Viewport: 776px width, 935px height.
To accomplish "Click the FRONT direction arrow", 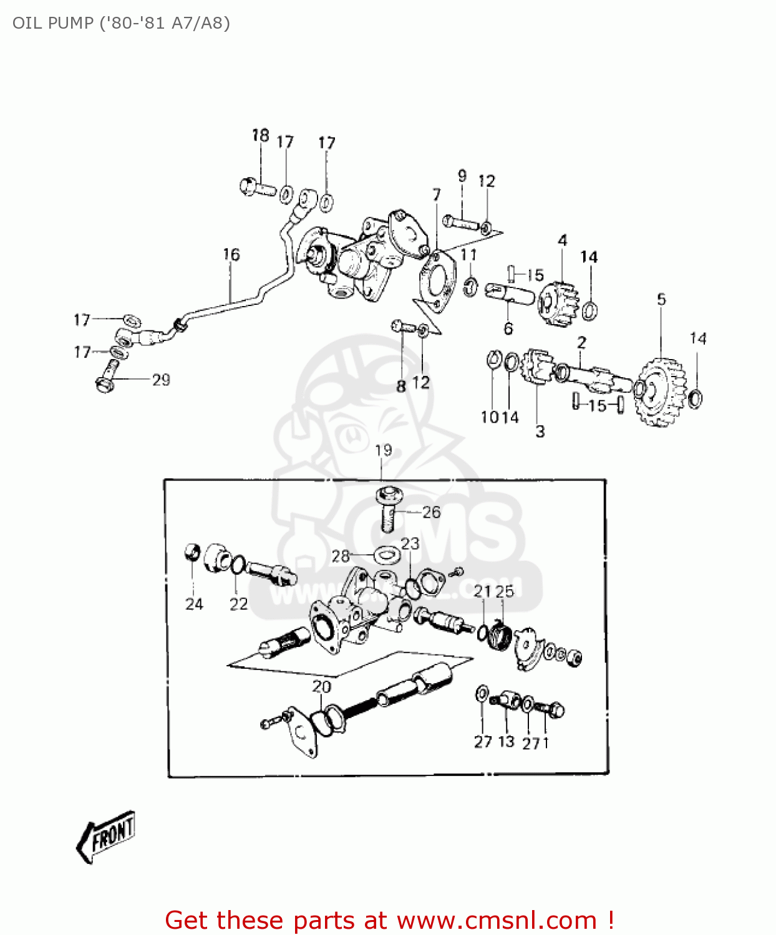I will pyautogui.click(x=106, y=837).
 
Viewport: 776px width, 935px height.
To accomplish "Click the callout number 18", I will pyautogui.click(x=260, y=135).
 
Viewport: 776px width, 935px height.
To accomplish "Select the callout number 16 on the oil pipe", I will pyautogui.click(x=231, y=254).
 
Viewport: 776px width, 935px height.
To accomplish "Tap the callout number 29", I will pyautogui.click(x=161, y=380).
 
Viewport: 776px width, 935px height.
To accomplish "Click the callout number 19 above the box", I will pyautogui.click(x=383, y=450).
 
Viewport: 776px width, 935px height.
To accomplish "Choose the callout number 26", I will pyautogui.click(x=431, y=512).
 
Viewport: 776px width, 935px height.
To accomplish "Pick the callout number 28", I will pyautogui.click(x=341, y=556).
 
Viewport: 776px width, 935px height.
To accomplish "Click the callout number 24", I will pyautogui.click(x=194, y=603).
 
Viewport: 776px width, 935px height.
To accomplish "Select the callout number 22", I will pyautogui.click(x=238, y=603).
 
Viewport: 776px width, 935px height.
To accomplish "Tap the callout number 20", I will pyautogui.click(x=321, y=687).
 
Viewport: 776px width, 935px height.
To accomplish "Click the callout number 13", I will pyautogui.click(x=507, y=742).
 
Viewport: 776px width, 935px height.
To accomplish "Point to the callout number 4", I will pyautogui.click(x=563, y=241).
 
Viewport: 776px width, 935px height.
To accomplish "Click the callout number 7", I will pyautogui.click(x=437, y=195).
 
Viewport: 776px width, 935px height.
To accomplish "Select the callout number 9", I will pyautogui.click(x=462, y=176).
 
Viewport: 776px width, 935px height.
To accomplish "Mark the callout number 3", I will pyautogui.click(x=540, y=431).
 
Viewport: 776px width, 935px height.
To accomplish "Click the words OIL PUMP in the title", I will pyautogui.click(x=53, y=23).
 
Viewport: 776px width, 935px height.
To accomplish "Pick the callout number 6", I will pyautogui.click(x=508, y=328).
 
